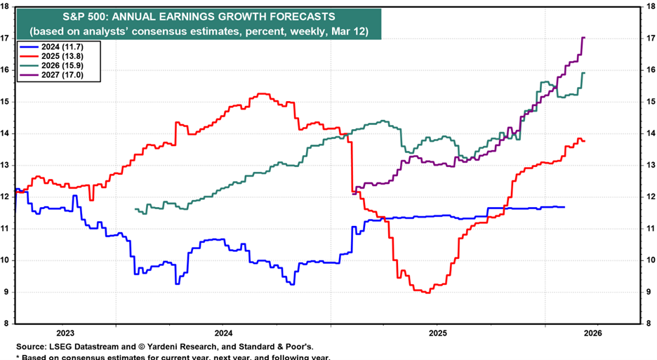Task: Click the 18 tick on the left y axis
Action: tap(5, 6)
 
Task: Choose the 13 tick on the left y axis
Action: tap(5, 165)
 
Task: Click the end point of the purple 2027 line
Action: tap(585, 38)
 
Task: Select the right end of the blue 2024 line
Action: tap(564, 206)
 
